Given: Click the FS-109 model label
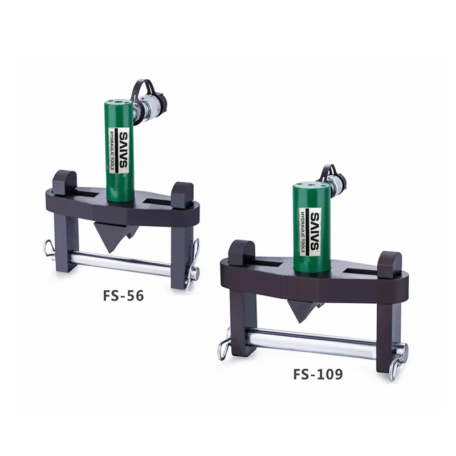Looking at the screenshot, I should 317,374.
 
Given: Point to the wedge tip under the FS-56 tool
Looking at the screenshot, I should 112,246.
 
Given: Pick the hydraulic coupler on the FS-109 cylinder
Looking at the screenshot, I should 336,182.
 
